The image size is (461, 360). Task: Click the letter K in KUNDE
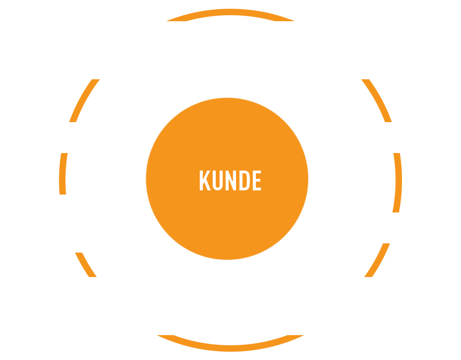pos(205,180)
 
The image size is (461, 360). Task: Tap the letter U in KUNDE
pos(218,180)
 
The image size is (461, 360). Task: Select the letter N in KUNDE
pos(231,180)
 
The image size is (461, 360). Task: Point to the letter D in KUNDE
pos(245,180)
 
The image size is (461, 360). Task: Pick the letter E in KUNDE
pos(257,180)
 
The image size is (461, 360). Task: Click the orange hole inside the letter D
pos(245,180)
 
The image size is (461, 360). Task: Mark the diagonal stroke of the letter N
pos(231,180)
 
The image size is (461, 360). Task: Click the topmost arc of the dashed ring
pos(230,12)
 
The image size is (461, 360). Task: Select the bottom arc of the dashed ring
pos(230,348)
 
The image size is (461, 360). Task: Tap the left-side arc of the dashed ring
pos(62,174)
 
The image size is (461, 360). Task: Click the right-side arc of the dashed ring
pos(399,183)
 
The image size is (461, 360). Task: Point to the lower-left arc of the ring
pos(85,265)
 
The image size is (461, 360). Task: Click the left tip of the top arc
pos(167,21)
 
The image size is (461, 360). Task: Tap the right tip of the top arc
pos(294,21)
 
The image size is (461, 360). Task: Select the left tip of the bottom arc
pos(158,335)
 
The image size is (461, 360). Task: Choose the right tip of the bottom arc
pos(303,335)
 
